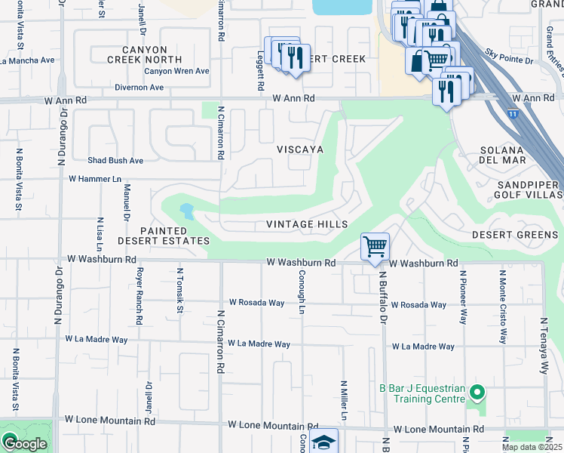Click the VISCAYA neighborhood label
pos(299,149)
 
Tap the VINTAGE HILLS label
pos(307,224)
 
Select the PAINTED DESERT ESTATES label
pos(163,236)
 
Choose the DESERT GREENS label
pos(515,235)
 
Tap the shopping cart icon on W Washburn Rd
pos(375,247)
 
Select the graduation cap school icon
pos(324,442)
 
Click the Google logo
pos(24,443)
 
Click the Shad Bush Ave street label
pos(115,160)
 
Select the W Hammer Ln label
pos(94,179)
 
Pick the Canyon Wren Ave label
pos(176,71)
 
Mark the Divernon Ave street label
pos(139,88)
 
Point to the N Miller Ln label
pos(344,400)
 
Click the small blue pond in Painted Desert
pos(185,211)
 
